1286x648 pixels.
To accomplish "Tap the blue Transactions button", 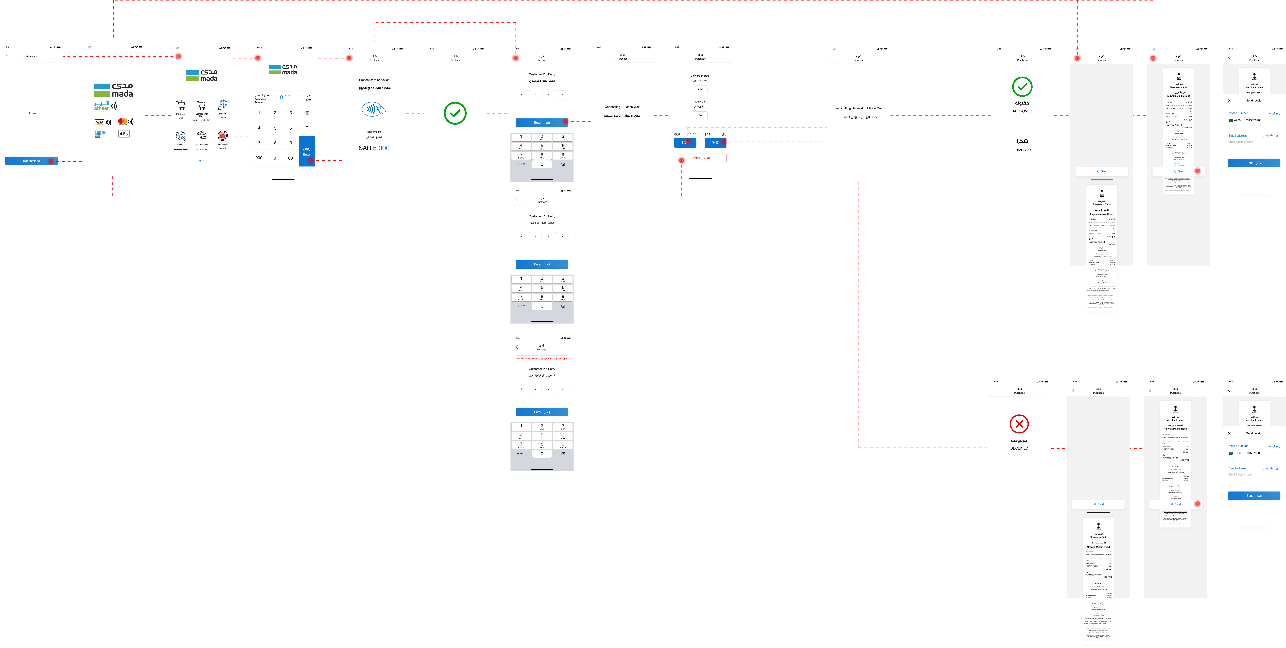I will pos(31,161).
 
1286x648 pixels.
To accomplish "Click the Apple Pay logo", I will pos(124,134).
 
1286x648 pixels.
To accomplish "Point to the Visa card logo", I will pos(99,122).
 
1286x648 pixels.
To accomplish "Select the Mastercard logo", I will pos(122,121).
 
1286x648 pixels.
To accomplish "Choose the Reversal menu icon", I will pos(181,136).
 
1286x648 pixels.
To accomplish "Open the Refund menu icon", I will pos(223,104).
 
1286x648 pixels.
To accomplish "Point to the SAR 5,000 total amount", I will pos(374,148).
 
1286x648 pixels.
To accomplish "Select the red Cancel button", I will pos(700,158).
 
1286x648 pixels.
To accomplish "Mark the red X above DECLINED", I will pos(1019,424).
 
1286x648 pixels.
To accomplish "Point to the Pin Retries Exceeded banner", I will pos(542,359).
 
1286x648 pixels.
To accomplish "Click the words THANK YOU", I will pos(1022,150).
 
